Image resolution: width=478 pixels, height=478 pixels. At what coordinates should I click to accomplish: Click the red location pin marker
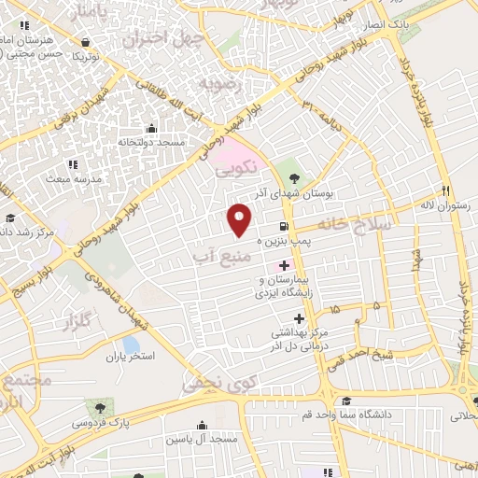click(240, 219)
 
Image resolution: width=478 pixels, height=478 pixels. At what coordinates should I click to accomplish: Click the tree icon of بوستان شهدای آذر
click(294, 177)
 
